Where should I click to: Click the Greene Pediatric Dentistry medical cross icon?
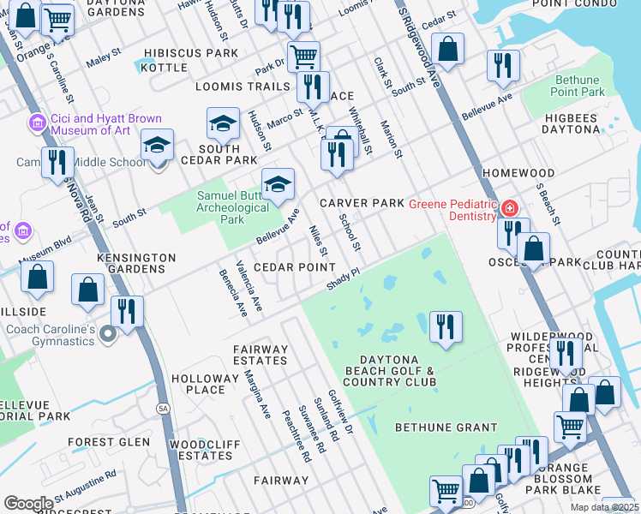click(510, 208)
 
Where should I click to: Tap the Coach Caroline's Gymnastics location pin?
click(108, 333)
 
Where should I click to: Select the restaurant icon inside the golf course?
click(446, 326)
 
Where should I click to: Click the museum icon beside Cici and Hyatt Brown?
click(37, 123)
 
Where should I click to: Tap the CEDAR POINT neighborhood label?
click(294, 266)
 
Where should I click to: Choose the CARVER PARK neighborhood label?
click(361, 203)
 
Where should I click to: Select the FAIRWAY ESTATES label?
click(261, 355)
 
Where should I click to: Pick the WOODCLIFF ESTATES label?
click(201, 450)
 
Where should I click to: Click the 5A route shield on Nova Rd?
click(163, 409)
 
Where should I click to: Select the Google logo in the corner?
click(29, 504)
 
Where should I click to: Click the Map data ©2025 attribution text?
click(603, 507)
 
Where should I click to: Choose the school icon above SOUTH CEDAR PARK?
click(223, 125)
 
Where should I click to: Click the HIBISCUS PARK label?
click(191, 53)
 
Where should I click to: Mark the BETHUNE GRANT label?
click(446, 427)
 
